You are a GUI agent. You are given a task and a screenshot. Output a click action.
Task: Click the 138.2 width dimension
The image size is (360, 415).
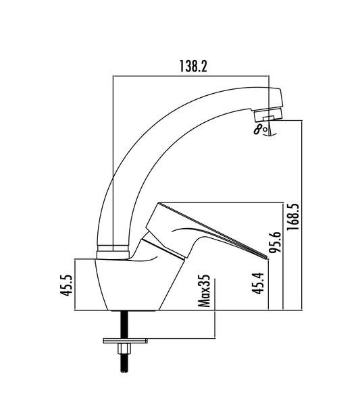(193, 66)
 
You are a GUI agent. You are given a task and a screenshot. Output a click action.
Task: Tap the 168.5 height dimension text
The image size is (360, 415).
(293, 217)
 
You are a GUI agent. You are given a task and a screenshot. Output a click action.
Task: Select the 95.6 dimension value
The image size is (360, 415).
(274, 242)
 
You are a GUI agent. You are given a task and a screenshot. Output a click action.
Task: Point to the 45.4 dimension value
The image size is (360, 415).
(258, 283)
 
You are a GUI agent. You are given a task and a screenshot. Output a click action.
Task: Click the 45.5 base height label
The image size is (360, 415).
(66, 285)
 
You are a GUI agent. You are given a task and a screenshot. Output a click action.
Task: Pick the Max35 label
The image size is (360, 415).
(204, 291)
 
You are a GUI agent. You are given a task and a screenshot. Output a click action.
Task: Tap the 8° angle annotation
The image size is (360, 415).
(260, 130)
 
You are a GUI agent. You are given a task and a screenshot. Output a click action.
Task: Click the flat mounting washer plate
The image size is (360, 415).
(125, 341)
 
